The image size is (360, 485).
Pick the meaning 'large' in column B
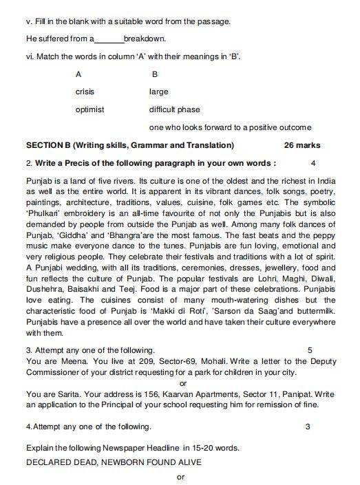pos(159,91)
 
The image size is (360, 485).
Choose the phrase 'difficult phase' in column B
pos(174,109)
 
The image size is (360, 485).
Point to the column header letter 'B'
pos(154,74)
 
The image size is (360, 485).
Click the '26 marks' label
pos(301,145)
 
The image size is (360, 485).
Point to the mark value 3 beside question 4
pos(308,427)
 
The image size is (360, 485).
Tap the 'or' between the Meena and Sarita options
pos(182,382)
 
